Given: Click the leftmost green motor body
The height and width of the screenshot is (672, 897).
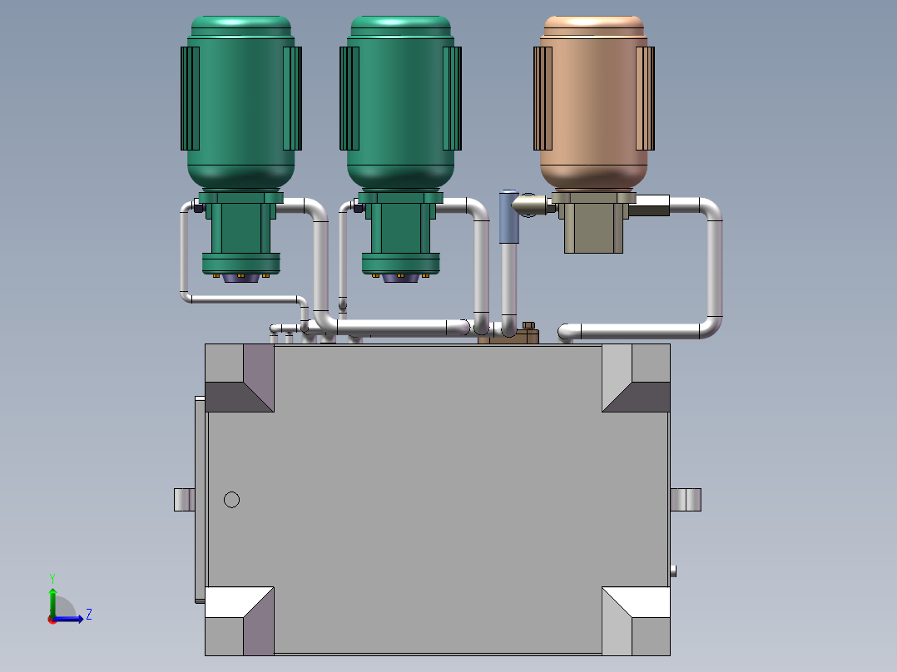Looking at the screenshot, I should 240,104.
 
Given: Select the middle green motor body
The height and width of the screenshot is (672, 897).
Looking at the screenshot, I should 400,104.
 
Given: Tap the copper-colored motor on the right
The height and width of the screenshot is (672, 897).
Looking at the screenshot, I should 593,104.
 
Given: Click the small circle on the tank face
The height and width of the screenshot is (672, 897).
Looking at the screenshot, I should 232,500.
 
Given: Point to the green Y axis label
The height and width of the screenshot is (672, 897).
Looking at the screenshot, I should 52,577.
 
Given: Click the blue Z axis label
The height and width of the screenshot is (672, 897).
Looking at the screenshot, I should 88,615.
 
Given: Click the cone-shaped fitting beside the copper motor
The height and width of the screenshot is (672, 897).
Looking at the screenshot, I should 528,205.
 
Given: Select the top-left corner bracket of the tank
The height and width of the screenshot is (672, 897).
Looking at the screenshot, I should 239,378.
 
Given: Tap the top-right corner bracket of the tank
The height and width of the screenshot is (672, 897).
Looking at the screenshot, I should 637,378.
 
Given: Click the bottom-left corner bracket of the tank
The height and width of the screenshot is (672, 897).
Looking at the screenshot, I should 239,620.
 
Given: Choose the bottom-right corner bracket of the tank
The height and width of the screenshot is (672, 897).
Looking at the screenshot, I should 637,620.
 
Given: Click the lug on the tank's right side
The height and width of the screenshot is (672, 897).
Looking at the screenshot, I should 686,500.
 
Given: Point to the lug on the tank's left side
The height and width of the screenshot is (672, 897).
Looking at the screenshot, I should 184,500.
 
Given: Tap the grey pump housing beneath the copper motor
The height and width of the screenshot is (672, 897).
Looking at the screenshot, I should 593,228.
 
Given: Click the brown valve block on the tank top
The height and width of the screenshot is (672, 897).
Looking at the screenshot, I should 509,335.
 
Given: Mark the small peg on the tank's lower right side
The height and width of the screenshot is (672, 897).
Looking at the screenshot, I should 673,571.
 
